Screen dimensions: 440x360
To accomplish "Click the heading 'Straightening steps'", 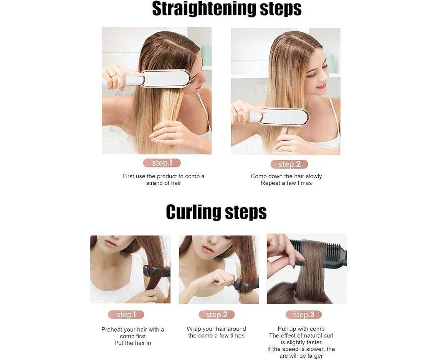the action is point(227,9).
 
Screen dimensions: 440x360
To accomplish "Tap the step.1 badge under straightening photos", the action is point(162,163).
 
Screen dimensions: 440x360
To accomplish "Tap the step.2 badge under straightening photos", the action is point(289,164).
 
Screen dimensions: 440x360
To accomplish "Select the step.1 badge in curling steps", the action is point(126,315).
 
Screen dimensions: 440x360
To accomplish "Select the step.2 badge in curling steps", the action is point(217,315).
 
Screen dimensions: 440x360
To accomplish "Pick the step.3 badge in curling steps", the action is point(304,315).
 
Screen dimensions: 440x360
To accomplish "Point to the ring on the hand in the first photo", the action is point(113,76).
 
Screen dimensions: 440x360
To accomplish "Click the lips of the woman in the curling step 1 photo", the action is point(111,244).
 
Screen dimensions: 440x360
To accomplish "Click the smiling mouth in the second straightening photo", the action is point(321,86).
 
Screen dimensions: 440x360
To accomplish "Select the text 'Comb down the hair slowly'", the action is point(286,176).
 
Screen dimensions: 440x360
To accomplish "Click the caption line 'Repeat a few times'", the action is point(286,183).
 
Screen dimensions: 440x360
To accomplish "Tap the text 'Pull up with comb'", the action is point(301,329).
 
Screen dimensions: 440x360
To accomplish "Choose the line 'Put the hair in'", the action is point(133,343).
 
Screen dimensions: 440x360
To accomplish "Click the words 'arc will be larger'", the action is point(301,356).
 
